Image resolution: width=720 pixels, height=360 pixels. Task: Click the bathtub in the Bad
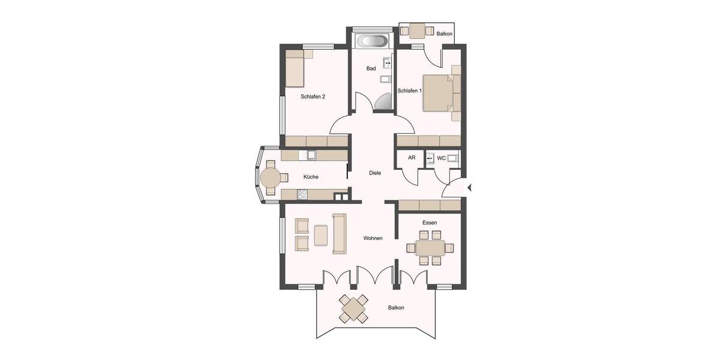pyautogui.click(x=373, y=42)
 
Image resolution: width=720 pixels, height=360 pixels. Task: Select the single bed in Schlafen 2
pyautogui.click(x=295, y=68)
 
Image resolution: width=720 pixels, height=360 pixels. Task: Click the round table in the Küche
pyautogui.click(x=269, y=178)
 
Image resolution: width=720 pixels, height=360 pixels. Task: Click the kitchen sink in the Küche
pyautogui.click(x=311, y=155)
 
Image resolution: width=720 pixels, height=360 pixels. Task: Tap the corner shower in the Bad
pyautogui.click(x=383, y=104)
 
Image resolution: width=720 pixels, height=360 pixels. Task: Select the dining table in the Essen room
pyautogui.click(x=430, y=247)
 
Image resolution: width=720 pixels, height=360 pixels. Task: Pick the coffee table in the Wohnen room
pyautogui.click(x=320, y=235)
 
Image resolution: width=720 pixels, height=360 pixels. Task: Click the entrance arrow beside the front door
pyautogui.click(x=469, y=188)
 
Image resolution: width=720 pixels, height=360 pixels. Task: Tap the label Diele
pyautogui.click(x=375, y=173)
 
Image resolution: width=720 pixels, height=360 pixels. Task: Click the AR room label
pyautogui.click(x=412, y=158)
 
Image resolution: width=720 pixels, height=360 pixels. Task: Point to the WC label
pyautogui.click(x=441, y=158)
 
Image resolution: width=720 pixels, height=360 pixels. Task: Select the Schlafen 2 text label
pyautogui.click(x=313, y=96)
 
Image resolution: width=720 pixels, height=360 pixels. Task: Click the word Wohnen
pyautogui.click(x=373, y=238)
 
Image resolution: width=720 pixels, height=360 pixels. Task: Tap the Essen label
pyautogui.click(x=430, y=223)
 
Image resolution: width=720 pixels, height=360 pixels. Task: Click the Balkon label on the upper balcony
pyautogui.click(x=445, y=34)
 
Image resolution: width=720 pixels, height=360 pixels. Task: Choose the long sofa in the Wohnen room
pyautogui.click(x=340, y=233)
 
